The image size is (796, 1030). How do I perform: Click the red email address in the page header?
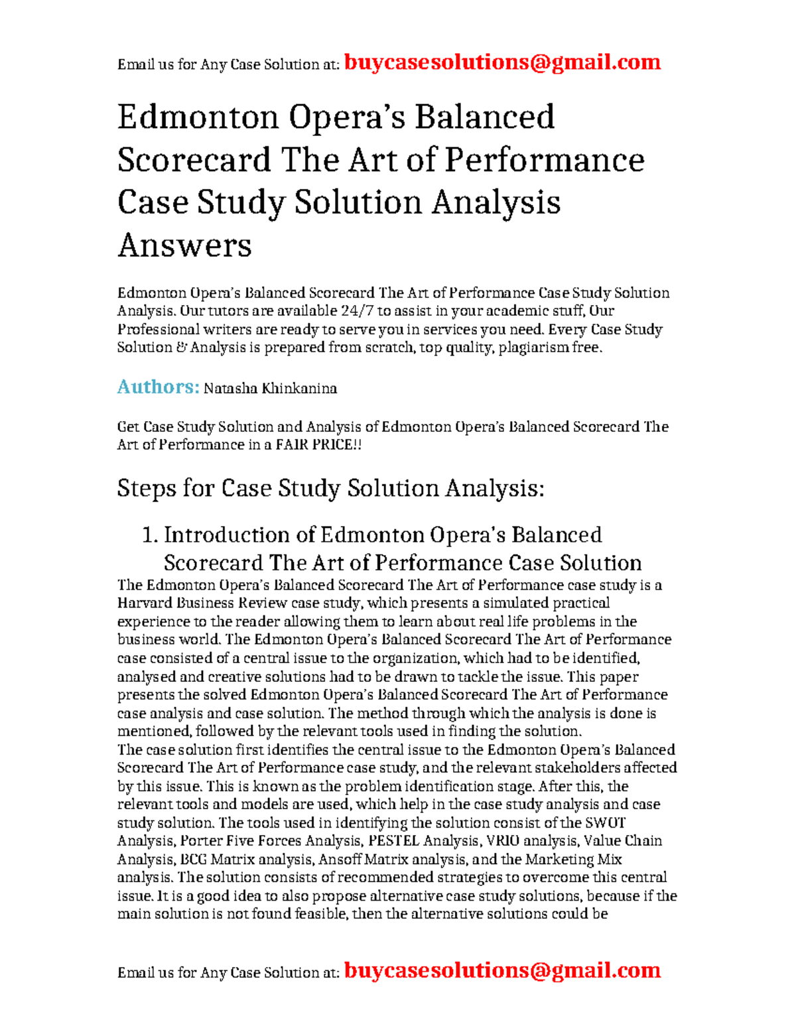click(x=502, y=62)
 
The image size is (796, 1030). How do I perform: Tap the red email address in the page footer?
click(x=502, y=970)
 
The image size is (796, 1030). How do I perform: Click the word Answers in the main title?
click(x=184, y=245)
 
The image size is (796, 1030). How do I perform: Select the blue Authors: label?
click(x=158, y=387)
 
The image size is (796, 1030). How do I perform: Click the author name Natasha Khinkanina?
click(x=270, y=389)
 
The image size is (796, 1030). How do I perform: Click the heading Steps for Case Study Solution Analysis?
click(x=330, y=488)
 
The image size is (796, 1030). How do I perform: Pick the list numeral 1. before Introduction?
click(x=151, y=535)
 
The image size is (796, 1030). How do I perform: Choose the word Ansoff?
click(x=339, y=860)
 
